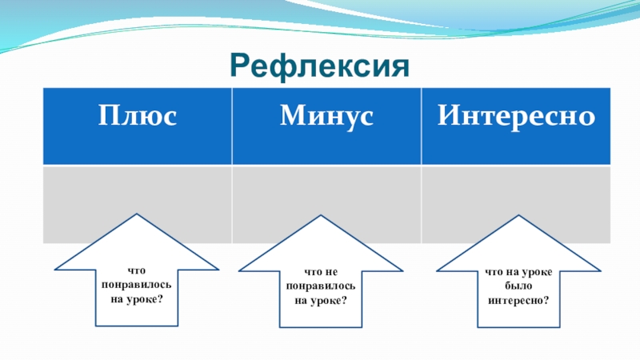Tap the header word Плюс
[x=137, y=117]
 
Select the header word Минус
[x=326, y=117]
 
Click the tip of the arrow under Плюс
[x=137, y=214]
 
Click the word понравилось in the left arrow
[x=137, y=285]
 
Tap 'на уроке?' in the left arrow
[x=137, y=298]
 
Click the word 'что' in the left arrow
[x=137, y=272]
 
